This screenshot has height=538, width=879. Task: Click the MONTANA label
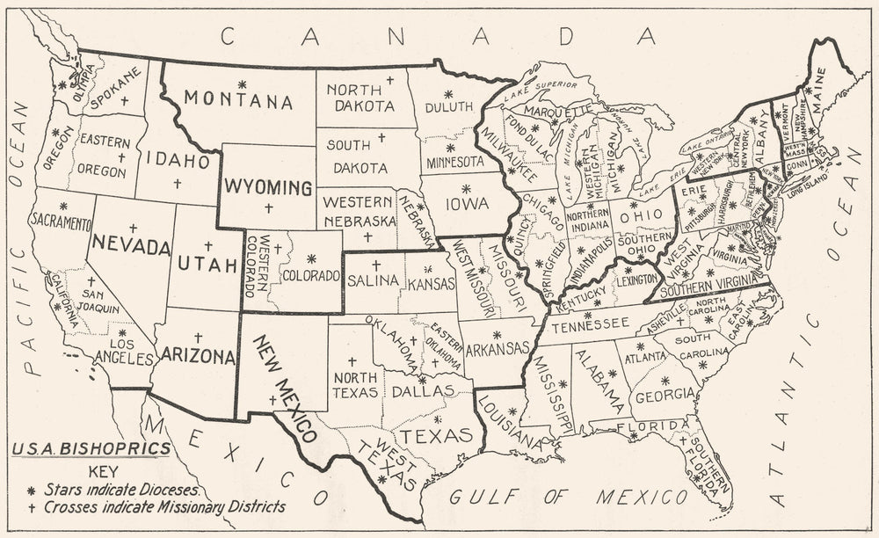tap(238, 102)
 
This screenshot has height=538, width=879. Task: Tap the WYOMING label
tap(267, 187)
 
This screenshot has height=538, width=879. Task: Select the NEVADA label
tap(131, 246)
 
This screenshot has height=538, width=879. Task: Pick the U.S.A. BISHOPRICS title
tap(91, 449)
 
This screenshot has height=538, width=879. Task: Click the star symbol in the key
tap(32, 490)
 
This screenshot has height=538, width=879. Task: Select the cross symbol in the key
tap(32, 506)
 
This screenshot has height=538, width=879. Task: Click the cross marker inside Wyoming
tap(268, 207)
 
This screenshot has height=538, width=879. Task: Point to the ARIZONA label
tap(198, 357)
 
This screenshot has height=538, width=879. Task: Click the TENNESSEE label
tap(592, 324)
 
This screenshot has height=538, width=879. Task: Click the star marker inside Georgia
tap(665, 380)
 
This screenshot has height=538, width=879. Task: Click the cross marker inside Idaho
tap(177, 183)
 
